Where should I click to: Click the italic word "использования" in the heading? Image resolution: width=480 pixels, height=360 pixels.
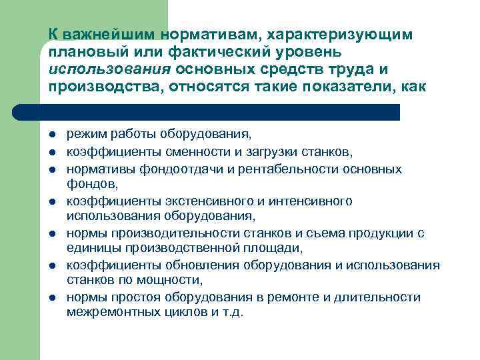click(100, 69)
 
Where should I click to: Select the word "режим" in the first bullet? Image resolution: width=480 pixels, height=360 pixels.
click(84, 134)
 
